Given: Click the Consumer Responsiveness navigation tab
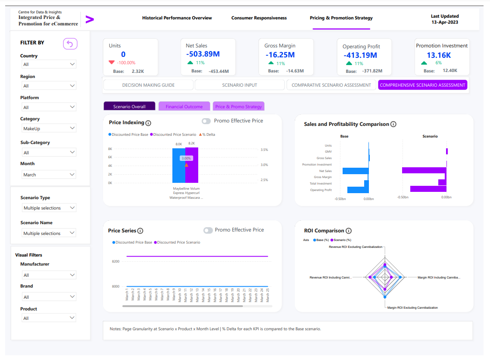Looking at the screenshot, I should point(259,18).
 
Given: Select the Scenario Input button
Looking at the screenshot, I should point(239,85).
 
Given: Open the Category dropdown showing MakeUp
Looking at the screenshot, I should point(49,128).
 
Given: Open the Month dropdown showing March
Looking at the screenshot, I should point(49,175).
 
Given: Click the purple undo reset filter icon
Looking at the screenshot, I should point(70,44).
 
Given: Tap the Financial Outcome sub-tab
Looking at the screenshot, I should point(184,106).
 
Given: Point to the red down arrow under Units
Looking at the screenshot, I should point(112,63).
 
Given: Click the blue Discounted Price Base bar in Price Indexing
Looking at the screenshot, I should point(179,166).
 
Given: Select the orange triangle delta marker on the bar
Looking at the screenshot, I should point(186,165).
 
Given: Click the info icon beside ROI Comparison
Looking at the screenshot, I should point(349,231).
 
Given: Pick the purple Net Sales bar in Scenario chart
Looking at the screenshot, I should point(424,170).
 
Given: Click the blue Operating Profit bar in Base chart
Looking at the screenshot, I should point(358,190).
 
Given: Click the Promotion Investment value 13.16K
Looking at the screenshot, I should point(439,55).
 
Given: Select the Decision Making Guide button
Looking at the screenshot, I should point(148,85).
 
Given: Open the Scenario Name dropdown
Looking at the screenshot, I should point(49,233).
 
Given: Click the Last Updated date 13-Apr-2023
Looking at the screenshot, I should point(445,22).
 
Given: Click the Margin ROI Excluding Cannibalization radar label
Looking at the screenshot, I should point(412,308).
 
